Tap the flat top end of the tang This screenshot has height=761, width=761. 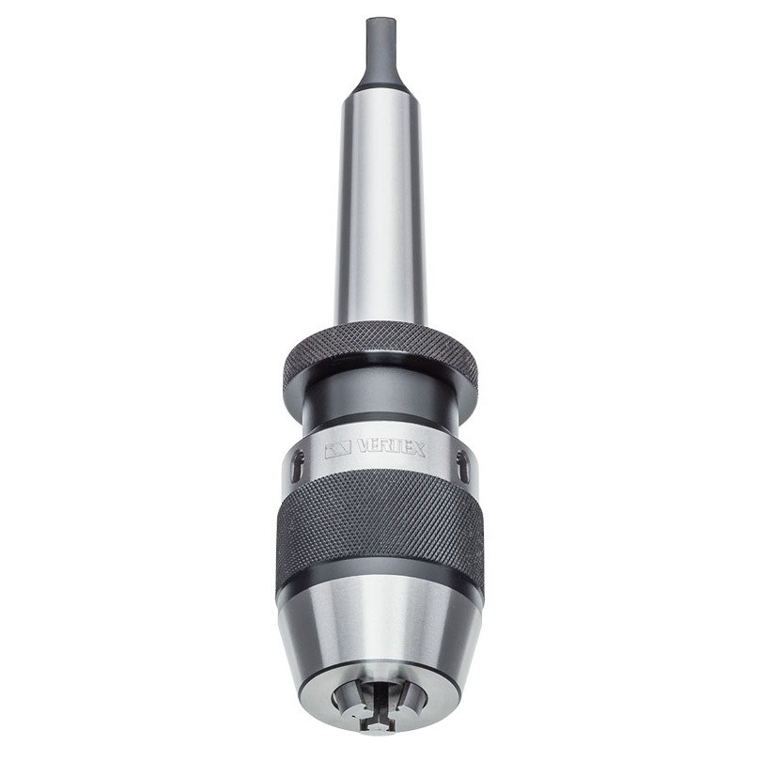coord(380,20)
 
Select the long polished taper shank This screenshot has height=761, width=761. coord(380,209)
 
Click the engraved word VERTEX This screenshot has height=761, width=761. coord(391,448)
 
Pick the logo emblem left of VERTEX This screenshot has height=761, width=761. coord(338,451)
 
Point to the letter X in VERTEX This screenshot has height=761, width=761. coord(419,450)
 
